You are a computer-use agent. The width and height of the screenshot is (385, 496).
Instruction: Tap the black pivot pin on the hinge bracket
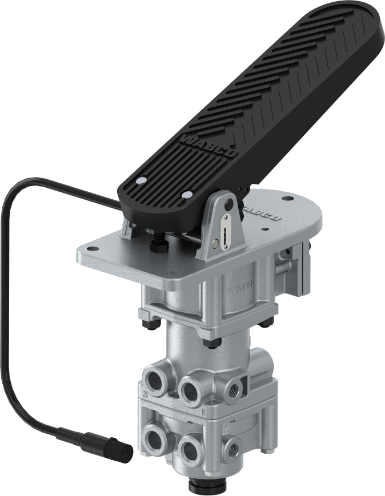coord(229,204)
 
